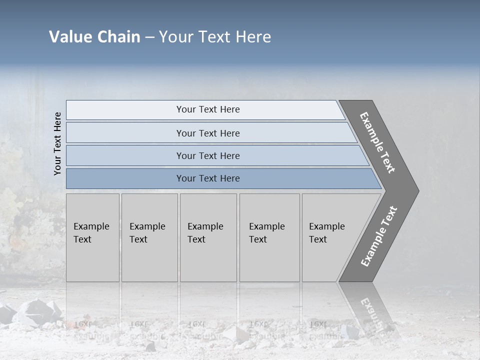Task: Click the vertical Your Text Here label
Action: click(57, 143)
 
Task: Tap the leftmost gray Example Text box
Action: click(92, 237)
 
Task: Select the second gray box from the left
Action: click(149, 237)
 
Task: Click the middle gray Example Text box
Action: click(208, 237)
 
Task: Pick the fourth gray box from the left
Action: click(269, 237)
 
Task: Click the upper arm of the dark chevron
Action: click(377, 142)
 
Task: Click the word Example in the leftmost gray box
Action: click(91, 226)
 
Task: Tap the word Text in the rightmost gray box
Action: click(318, 239)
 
